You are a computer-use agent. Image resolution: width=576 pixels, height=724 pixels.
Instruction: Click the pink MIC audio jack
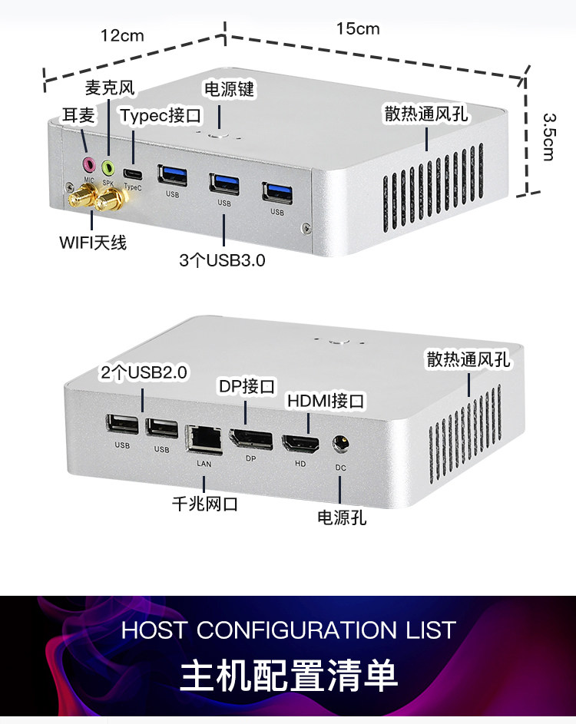88,164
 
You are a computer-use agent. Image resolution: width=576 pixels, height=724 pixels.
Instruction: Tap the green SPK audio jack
108,165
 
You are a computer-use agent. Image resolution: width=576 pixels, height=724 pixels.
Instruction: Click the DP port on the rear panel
251,441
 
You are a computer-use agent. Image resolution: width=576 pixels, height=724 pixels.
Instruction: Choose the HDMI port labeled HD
300,444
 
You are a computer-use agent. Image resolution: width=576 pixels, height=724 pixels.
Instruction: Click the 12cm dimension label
122,35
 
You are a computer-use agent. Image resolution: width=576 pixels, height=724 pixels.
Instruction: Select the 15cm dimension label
357,28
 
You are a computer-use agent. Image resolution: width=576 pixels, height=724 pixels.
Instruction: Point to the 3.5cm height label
548,137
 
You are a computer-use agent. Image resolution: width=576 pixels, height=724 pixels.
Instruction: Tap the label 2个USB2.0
144,373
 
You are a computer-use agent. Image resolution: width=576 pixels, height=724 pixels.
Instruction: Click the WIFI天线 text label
93,243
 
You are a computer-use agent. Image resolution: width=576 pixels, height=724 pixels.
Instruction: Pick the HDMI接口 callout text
326,401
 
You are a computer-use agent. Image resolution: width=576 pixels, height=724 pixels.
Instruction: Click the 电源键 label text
228,89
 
